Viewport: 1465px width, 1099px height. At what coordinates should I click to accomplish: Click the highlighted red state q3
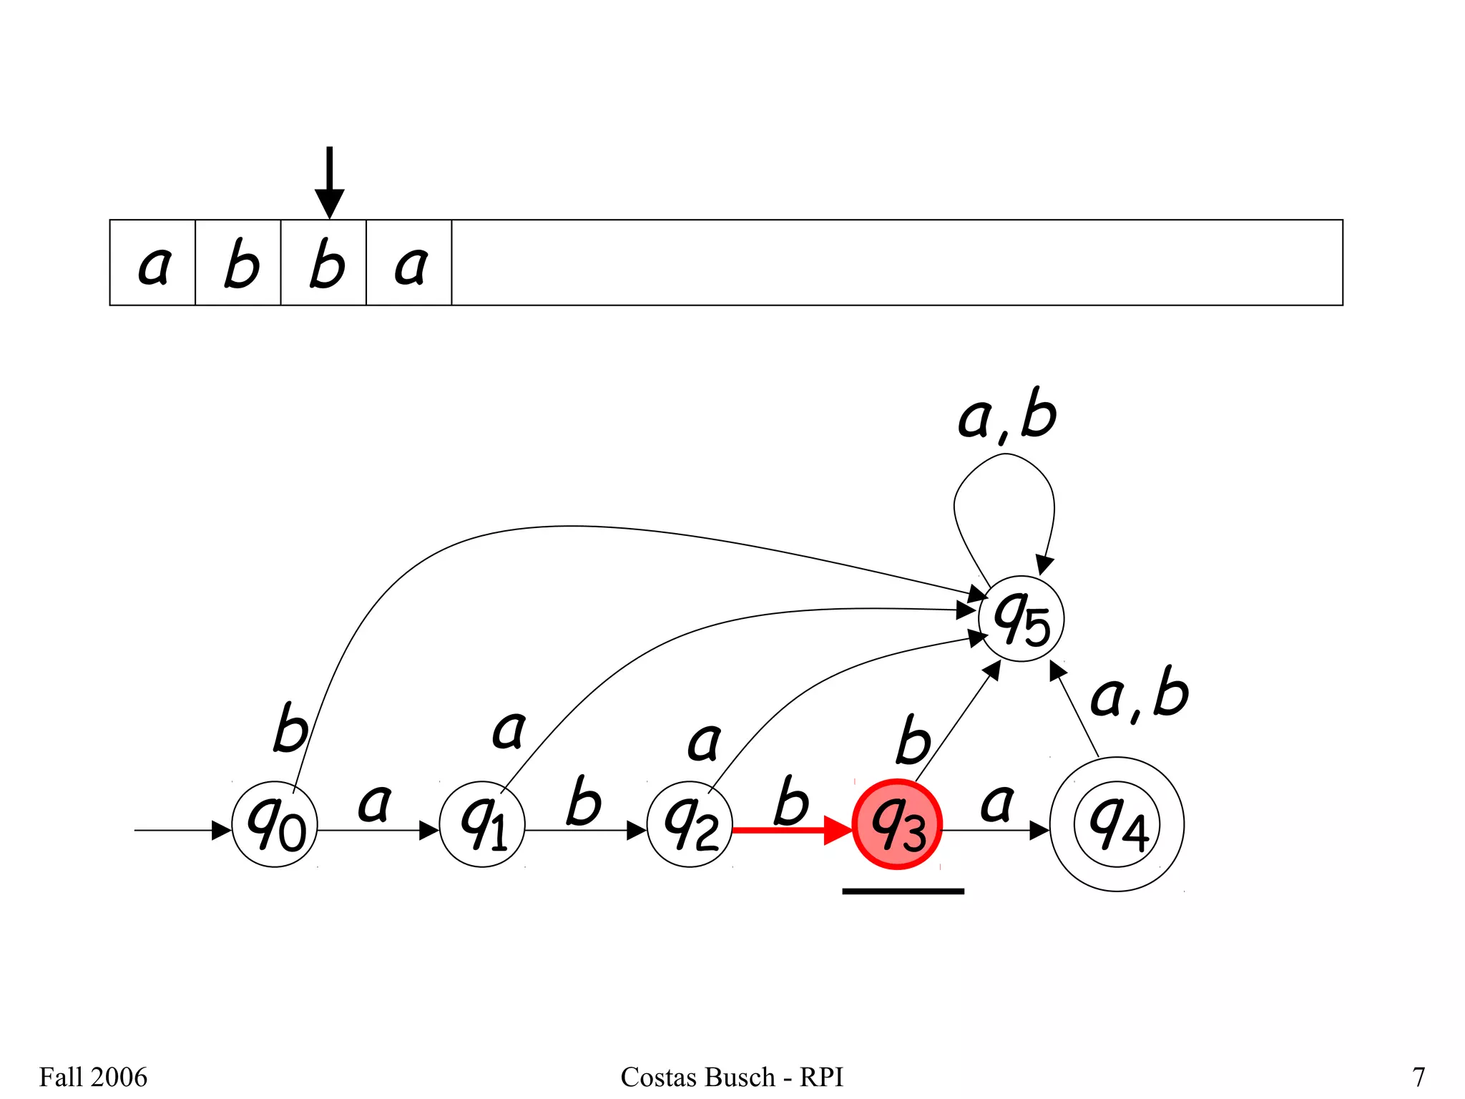(x=897, y=825)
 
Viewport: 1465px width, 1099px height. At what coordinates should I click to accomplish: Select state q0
(x=275, y=825)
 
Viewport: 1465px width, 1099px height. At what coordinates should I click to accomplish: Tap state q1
(x=482, y=825)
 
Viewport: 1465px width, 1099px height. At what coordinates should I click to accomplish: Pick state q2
(x=690, y=825)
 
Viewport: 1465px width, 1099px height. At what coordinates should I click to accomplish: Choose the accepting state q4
(x=1117, y=825)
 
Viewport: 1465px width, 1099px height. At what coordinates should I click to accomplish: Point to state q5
(x=1021, y=619)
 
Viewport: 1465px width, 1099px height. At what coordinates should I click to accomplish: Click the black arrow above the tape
(x=329, y=182)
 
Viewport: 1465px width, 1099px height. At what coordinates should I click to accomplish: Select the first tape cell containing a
(x=153, y=263)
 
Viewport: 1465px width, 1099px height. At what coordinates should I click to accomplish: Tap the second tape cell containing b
(x=239, y=263)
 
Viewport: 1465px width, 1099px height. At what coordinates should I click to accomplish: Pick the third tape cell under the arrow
(x=324, y=263)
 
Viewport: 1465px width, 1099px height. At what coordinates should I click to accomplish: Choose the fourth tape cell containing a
(x=410, y=263)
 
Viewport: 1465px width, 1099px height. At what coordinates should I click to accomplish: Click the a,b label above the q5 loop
(x=1006, y=416)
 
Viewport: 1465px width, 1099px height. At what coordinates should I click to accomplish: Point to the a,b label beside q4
(x=1138, y=694)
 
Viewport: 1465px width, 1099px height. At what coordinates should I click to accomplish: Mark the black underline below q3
(x=903, y=892)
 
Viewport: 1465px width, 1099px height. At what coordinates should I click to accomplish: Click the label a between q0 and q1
(x=375, y=803)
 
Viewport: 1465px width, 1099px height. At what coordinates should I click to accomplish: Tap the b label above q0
(x=290, y=728)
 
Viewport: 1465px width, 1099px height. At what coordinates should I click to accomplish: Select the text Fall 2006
(x=93, y=1077)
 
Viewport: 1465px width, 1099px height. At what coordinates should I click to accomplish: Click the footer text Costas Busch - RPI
(x=732, y=1077)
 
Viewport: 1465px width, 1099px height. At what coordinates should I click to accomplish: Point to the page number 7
(x=1419, y=1077)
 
